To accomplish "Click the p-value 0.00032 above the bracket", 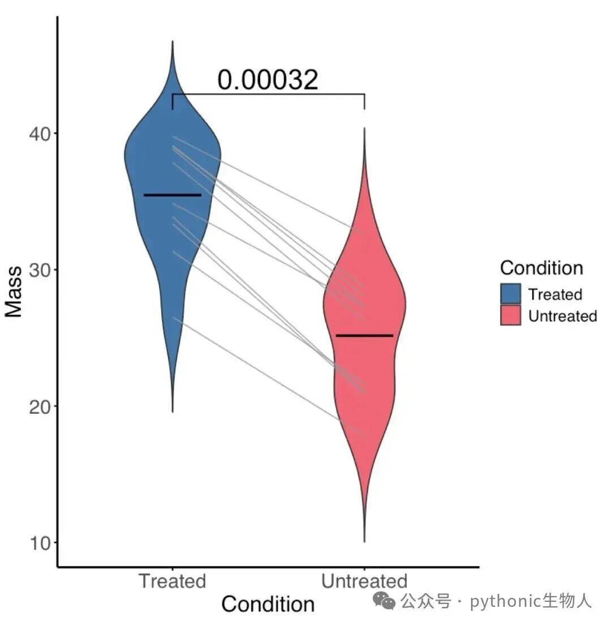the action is [268, 79].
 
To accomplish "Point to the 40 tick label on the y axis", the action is [40, 134].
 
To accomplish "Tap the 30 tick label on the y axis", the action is [40, 271].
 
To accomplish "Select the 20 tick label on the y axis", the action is [40, 407].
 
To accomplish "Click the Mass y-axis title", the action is [14, 292].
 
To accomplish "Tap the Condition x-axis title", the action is [268, 604].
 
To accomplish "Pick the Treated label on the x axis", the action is [173, 581].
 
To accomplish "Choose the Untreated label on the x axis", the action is [364, 581].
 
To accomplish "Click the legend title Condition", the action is [541, 268].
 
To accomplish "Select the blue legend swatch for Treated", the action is [511, 294].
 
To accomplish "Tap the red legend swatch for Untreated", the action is [511, 315].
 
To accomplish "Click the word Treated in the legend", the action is [555, 294].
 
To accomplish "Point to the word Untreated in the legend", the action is [563, 316].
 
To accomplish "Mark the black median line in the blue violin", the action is [173, 195].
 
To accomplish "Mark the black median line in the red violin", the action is [364, 336].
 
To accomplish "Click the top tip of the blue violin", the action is [173, 41].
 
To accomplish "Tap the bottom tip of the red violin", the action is [364, 542].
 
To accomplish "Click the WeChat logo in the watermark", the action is [384, 601].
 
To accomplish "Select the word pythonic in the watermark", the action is [505, 601].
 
